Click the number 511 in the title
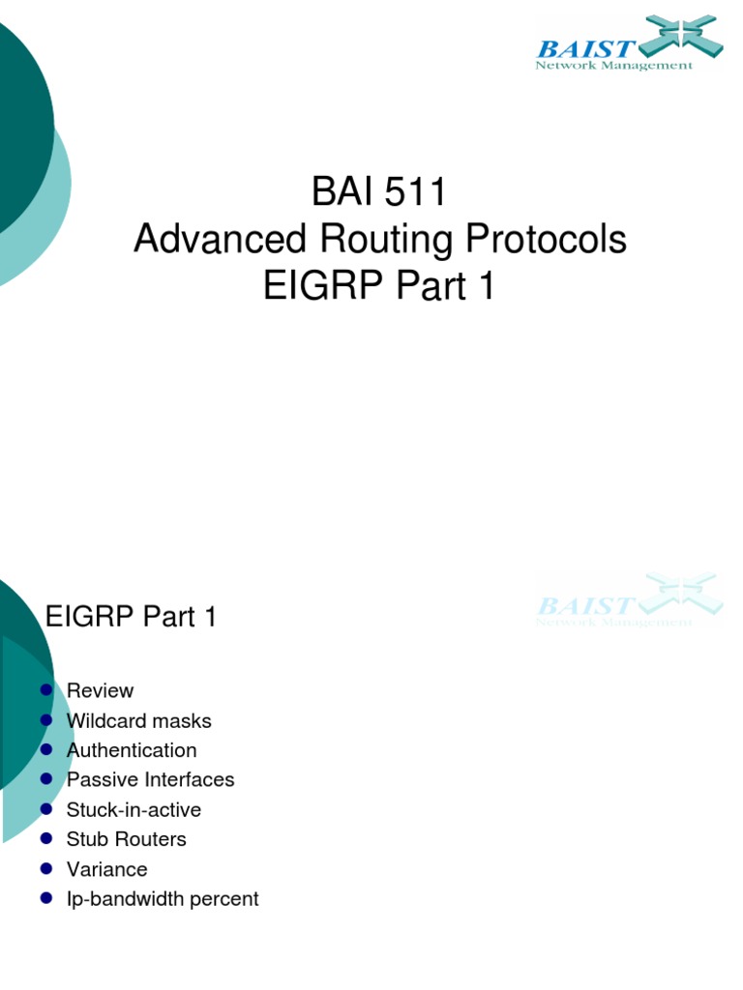[x=415, y=192]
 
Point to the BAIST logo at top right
[x=629, y=44]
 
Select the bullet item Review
[x=100, y=690]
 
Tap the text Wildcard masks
[x=138, y=720]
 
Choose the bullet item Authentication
[x=132, y=750]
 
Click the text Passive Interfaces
[x=150, y=779]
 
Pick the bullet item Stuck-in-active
[x=134, y=809]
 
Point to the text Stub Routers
[x=126, y=839]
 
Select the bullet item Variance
[x=106, y=869]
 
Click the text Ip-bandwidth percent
[x=163, y=899]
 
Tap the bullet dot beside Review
[x=46, y=690]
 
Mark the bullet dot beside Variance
[x=46, y=869]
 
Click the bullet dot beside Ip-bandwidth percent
[x=46, y=899]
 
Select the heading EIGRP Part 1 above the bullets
[x=132, y=618]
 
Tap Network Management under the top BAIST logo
[x=614, y=66]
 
